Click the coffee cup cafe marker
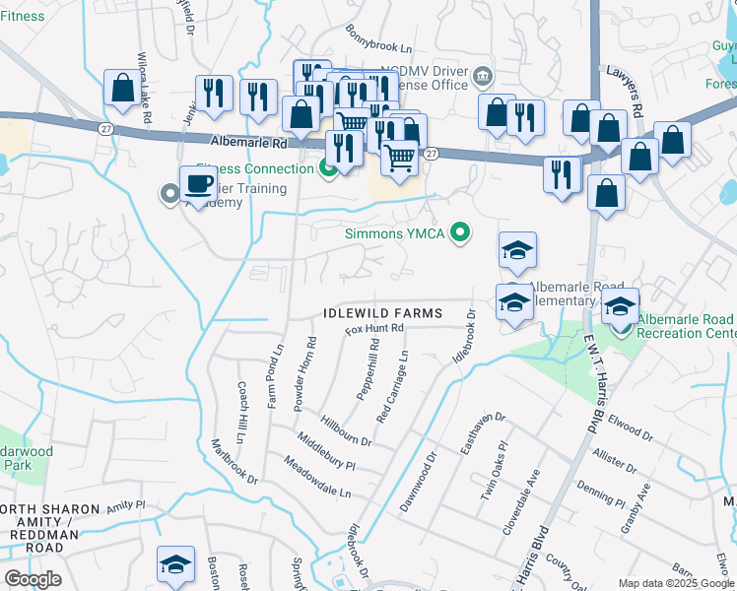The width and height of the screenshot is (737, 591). click(198, 184)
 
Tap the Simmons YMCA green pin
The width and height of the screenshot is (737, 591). click(458, 233)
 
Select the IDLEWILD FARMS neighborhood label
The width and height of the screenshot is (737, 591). click(379, 313)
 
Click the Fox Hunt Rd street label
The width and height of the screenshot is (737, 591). click(374, 328)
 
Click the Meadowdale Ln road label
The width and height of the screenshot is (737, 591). click(316, 476)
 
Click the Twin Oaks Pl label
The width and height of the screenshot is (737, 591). click(493, 472)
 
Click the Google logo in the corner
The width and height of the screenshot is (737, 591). click(33, 579)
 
